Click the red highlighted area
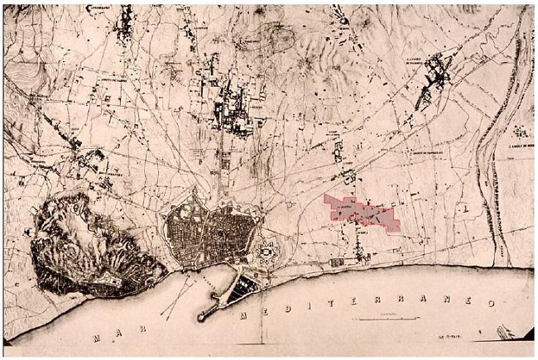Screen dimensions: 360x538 (x=362, y=212)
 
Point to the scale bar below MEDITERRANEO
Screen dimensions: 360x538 (x=382, y=317)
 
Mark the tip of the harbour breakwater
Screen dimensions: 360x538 (x=201, y=317)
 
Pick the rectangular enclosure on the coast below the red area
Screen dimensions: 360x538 (x=339, y=262)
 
